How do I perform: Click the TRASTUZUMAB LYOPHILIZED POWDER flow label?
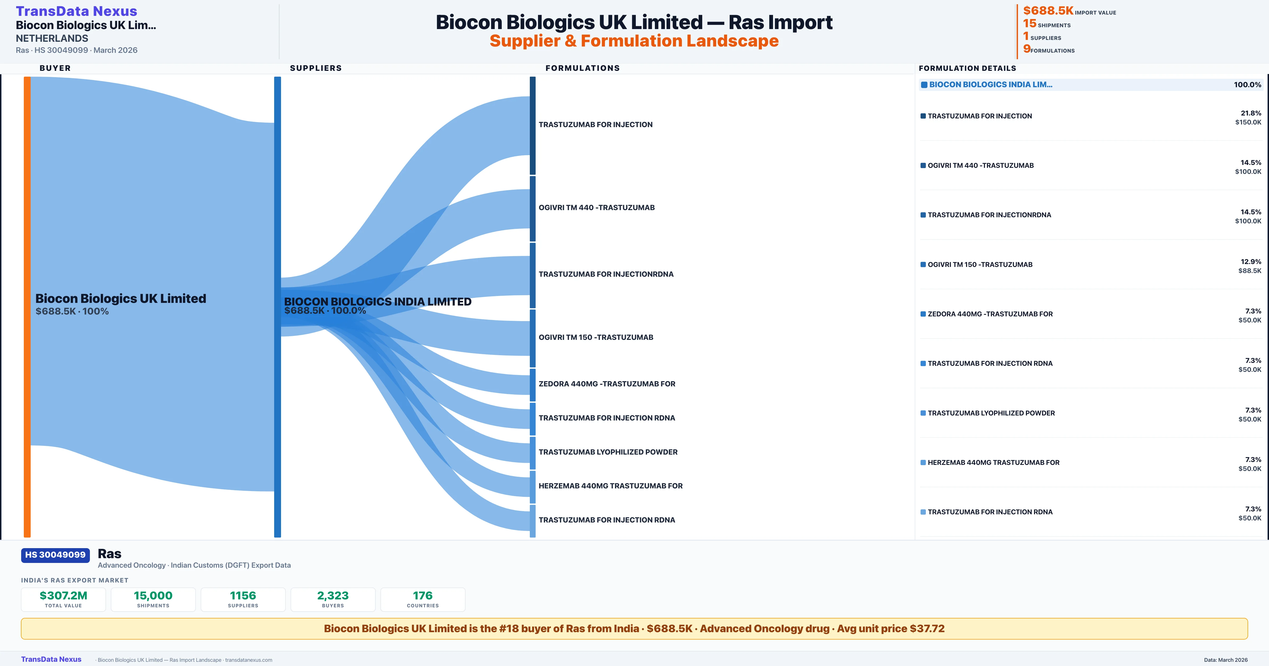coord(608,452)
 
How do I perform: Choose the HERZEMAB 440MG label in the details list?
coord(993,462)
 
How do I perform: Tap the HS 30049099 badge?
coord(55,555)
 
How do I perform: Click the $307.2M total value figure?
coord(63,595)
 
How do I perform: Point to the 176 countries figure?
coord(423,595)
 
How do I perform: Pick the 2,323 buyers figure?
coord(333,595)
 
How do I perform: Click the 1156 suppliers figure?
coord(243,595)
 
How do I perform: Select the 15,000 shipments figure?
coord(153,595)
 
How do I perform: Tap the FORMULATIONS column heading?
coord(582,68)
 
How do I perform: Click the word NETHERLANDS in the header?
coord(52,38)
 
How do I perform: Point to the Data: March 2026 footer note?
coord(1226,660)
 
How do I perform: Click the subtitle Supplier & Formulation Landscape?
coord(634,41)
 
